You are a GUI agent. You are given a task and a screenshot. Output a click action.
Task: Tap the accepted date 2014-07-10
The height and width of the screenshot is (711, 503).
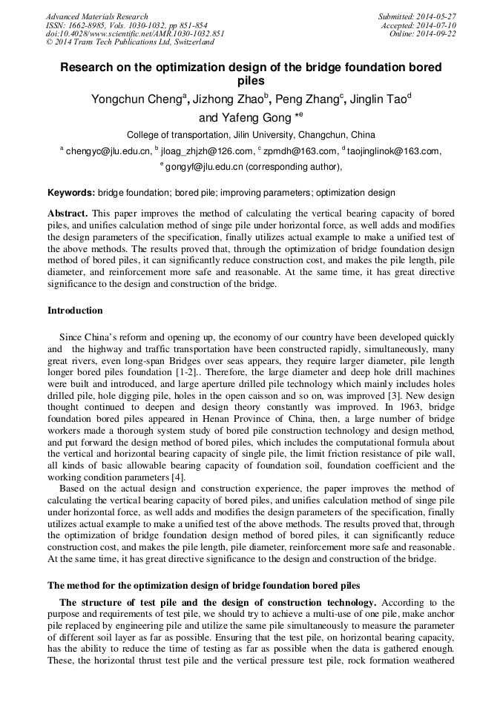[438, 25]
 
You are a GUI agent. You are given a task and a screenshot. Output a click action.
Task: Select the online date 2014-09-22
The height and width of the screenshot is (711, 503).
[438, 34]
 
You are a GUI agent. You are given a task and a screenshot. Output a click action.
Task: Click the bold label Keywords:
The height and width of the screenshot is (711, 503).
[71, 193]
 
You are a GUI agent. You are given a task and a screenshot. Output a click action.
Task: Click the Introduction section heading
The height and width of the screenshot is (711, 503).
[75, 311]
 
